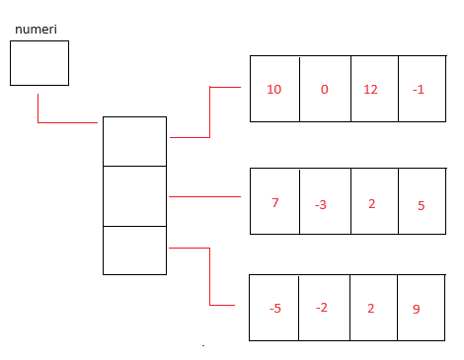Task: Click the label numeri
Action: (36, 30)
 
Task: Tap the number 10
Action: (273, 90)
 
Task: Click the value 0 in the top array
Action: (325, 90)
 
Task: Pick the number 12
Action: (370, 90)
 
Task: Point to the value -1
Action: (419, 90)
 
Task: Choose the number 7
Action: (275, 202)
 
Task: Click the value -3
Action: (321, 205)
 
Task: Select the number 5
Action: (421, 206)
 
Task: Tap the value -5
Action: (275, 309)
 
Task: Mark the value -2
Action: (322, 308)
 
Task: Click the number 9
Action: (417, 309)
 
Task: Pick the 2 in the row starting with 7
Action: (371, 204)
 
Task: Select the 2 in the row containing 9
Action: (371, 309)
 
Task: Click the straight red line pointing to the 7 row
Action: (204, 196)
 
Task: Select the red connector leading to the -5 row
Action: (209, 276)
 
